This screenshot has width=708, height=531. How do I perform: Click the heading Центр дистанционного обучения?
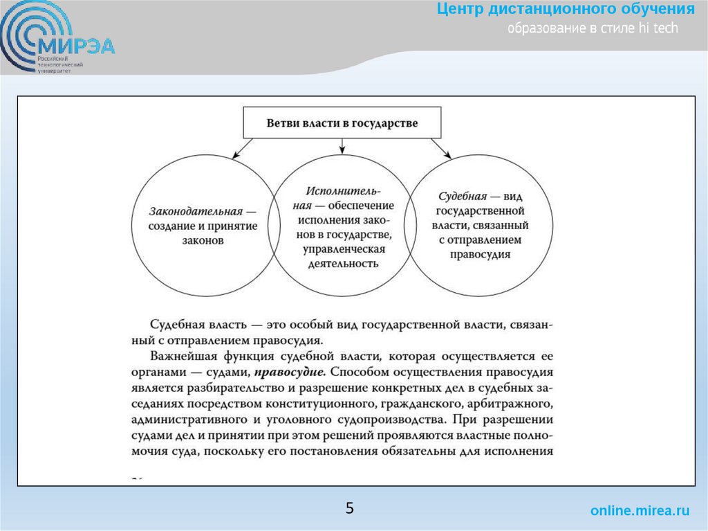[x=566, y=10]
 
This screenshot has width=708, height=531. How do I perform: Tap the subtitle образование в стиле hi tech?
[x=593, y=28]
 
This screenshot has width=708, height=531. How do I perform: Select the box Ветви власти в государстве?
[x=342, y=123]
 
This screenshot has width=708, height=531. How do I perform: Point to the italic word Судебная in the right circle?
[x=462, y=197]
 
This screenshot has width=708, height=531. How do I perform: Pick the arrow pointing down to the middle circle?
[x=342, y=145]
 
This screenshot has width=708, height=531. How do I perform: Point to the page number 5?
[x=350, y=509]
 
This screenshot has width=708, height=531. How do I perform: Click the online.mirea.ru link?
[x=640, y=511]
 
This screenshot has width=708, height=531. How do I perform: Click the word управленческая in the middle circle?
[x=342, y=249]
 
